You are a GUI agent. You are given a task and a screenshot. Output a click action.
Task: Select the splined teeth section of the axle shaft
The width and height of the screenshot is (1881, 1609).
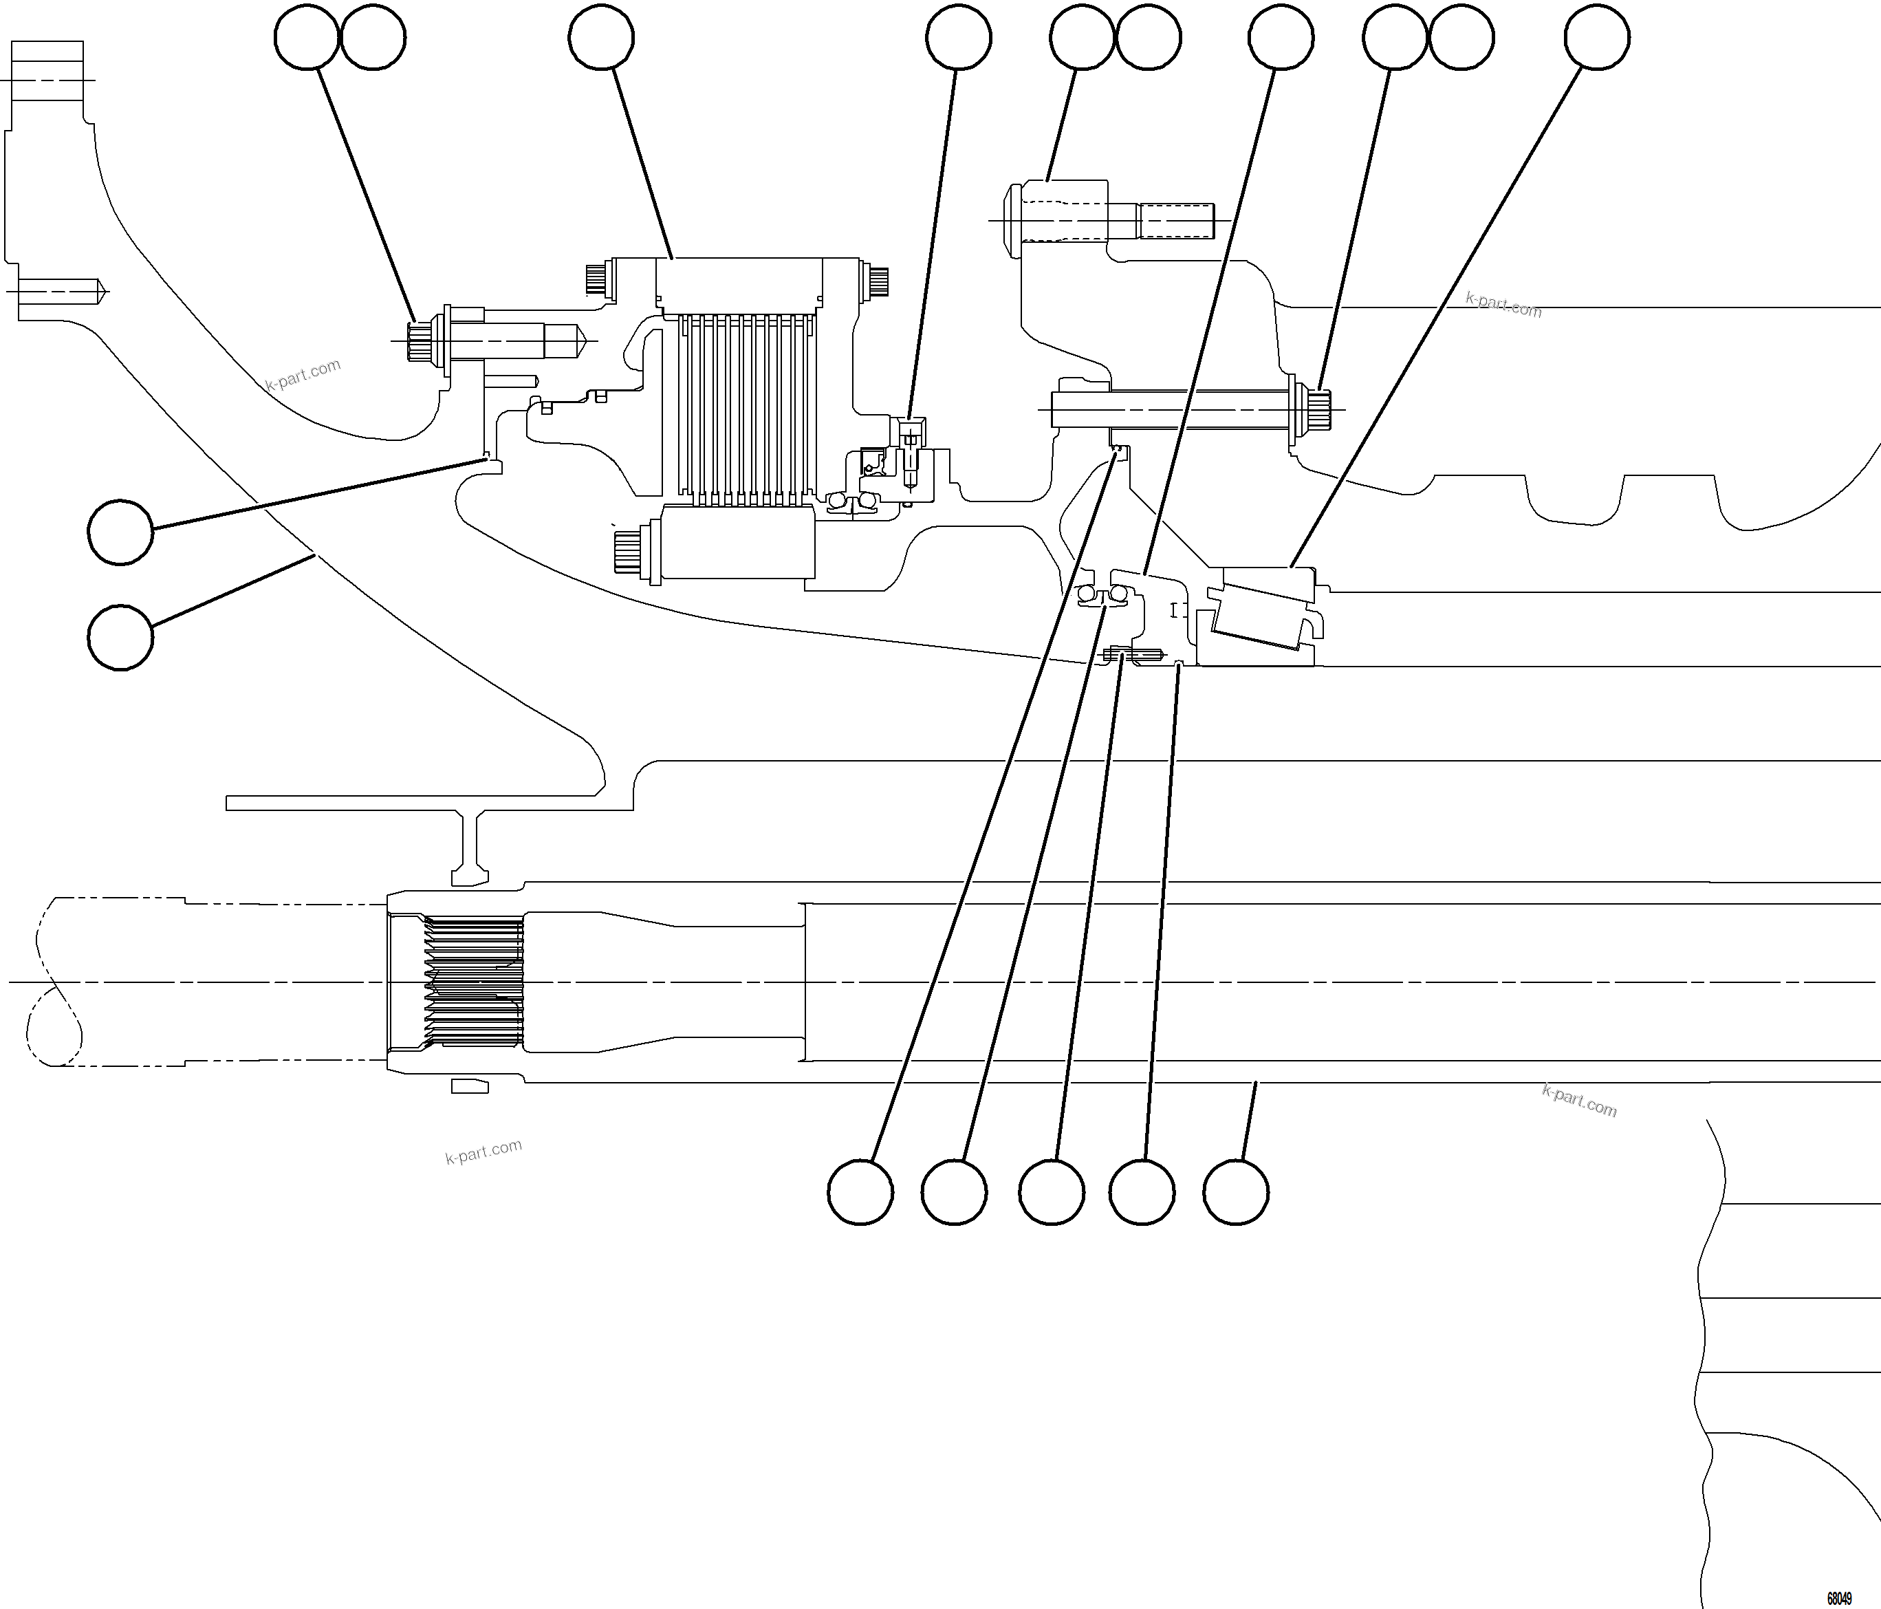pyautogui.click(x=475, y=982)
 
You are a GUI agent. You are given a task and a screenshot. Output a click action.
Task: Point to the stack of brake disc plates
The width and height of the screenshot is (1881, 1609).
pyautogui.click(x=741, y=409)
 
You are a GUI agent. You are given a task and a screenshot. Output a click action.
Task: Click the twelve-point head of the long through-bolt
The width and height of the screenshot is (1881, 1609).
pyautogui.click(x=1318, y=409)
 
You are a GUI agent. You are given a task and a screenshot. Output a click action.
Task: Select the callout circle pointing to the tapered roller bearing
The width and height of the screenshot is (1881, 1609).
pyautogui.click(x=1597, y=37)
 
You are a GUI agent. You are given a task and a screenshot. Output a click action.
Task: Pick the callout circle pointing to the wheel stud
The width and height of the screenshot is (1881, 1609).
pyautogui.click(x=1081, y=37)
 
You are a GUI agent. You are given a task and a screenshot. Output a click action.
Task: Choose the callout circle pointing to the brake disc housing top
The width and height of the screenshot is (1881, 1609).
pyautogui.click(x=601, y=37)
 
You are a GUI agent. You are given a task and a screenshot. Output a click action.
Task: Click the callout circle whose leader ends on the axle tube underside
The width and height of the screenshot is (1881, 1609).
pyautogui.click(x=1235, y=1191)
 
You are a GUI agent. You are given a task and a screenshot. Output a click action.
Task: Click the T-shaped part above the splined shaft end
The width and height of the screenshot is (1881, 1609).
pyautogui.click(x=470, y=849)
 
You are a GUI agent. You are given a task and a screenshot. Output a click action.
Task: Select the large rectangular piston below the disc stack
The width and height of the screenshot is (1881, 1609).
pyautogui.click(x=737, y=542)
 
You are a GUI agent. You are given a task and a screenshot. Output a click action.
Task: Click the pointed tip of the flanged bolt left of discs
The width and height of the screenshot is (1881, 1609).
pyautogui.click(x=581, y=341)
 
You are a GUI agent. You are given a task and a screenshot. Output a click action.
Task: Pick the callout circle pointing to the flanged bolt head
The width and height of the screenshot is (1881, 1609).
pyautogui.click(x=307, y=37)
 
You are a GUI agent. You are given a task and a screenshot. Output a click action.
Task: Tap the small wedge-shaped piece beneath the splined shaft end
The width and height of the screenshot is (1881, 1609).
pyautogui.click(x=469, y=1086)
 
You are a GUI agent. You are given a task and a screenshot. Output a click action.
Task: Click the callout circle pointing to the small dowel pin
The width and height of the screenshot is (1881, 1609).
pyautogui.click(x=1052, y=1191)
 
